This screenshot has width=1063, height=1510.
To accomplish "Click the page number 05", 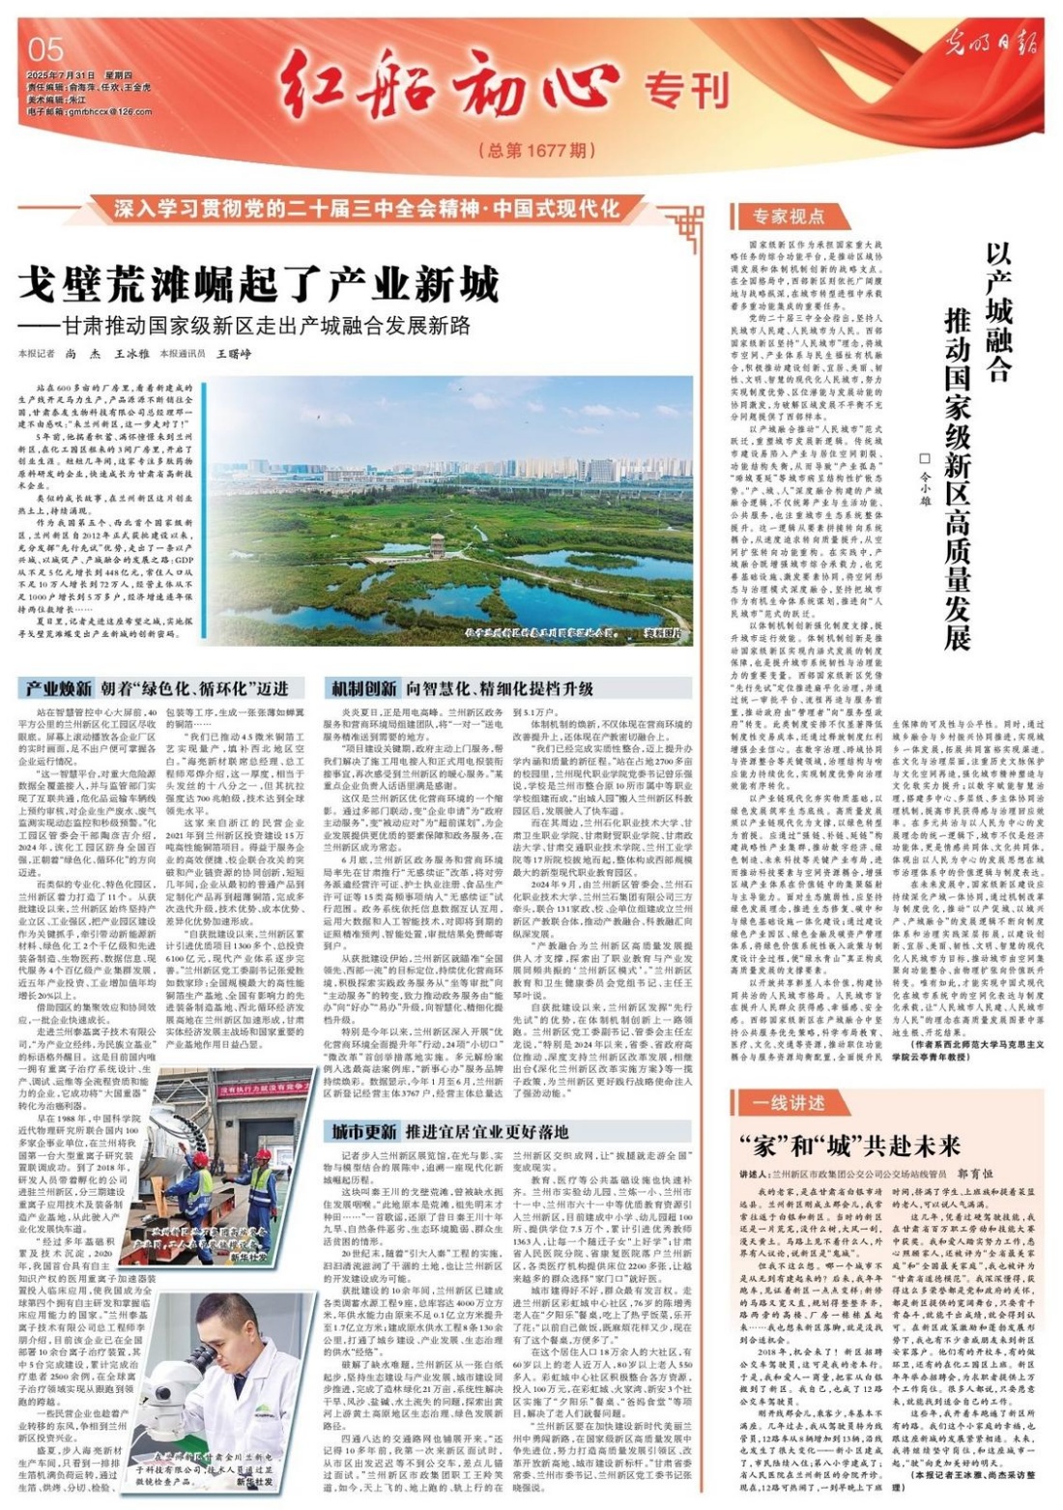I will point(46,49).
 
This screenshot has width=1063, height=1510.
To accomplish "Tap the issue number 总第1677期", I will point(536,150).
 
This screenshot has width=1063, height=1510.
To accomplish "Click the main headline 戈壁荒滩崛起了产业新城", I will point(261,287).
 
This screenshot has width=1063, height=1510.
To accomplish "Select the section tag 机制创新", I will point(362,688).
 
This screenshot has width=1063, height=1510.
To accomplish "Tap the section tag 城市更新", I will point(362,1131).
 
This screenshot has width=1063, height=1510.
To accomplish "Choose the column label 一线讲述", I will point(790,1103).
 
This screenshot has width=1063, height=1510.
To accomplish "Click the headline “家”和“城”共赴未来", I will point(850,1147).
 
